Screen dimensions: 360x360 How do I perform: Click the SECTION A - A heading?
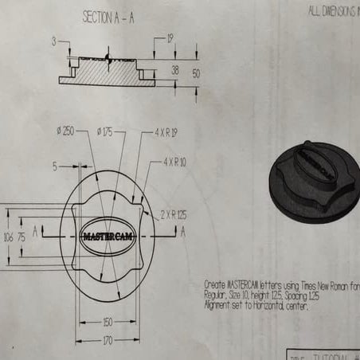point(108,17)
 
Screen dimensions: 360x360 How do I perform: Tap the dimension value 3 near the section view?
point(53,40)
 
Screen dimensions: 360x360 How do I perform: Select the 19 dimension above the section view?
point(170,37)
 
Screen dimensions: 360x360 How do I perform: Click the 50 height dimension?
point(196,72)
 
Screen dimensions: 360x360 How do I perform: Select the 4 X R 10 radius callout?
point(175,161)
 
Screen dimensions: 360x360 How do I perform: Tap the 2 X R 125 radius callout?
point(174,213)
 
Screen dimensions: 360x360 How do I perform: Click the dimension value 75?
point(22,237)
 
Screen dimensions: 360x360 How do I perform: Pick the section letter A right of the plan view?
point(183,232)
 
